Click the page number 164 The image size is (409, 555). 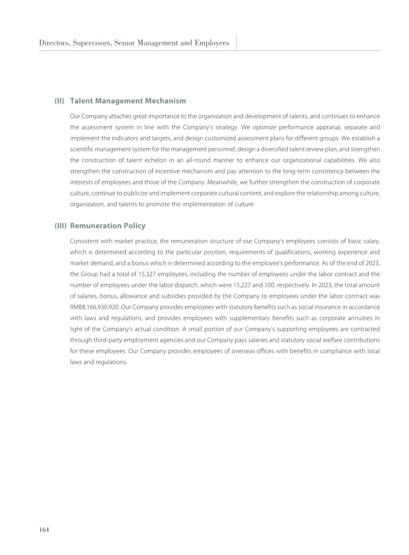click(x=44, y=530)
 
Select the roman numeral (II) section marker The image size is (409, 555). click(x=59, y=101)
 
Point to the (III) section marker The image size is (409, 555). click(x=60, y=226)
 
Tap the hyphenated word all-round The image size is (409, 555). click(x=197, y=160)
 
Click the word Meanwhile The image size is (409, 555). click(x=221, y=182)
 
